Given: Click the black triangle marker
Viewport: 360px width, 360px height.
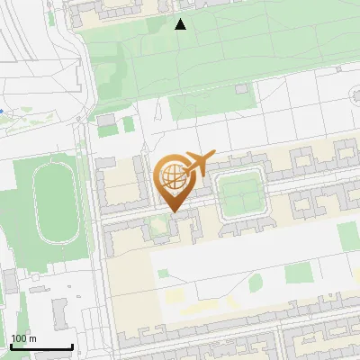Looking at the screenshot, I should point(181,24).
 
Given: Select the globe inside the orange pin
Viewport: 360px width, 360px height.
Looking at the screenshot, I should point(172,176).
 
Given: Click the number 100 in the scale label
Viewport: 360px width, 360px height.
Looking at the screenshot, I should point(19,338).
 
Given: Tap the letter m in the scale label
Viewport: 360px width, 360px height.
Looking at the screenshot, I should point(32,338).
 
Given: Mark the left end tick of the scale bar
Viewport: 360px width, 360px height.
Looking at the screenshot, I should point(12,346).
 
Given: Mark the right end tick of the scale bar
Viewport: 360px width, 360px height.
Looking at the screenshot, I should point(72,346).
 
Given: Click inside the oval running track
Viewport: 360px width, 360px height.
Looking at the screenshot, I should point(55,208).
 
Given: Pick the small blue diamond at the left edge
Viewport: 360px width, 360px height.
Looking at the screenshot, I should point(2,110).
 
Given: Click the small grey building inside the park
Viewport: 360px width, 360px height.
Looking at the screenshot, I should point(241,89).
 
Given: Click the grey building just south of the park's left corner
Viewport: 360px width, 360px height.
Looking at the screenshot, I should point(107,120).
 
